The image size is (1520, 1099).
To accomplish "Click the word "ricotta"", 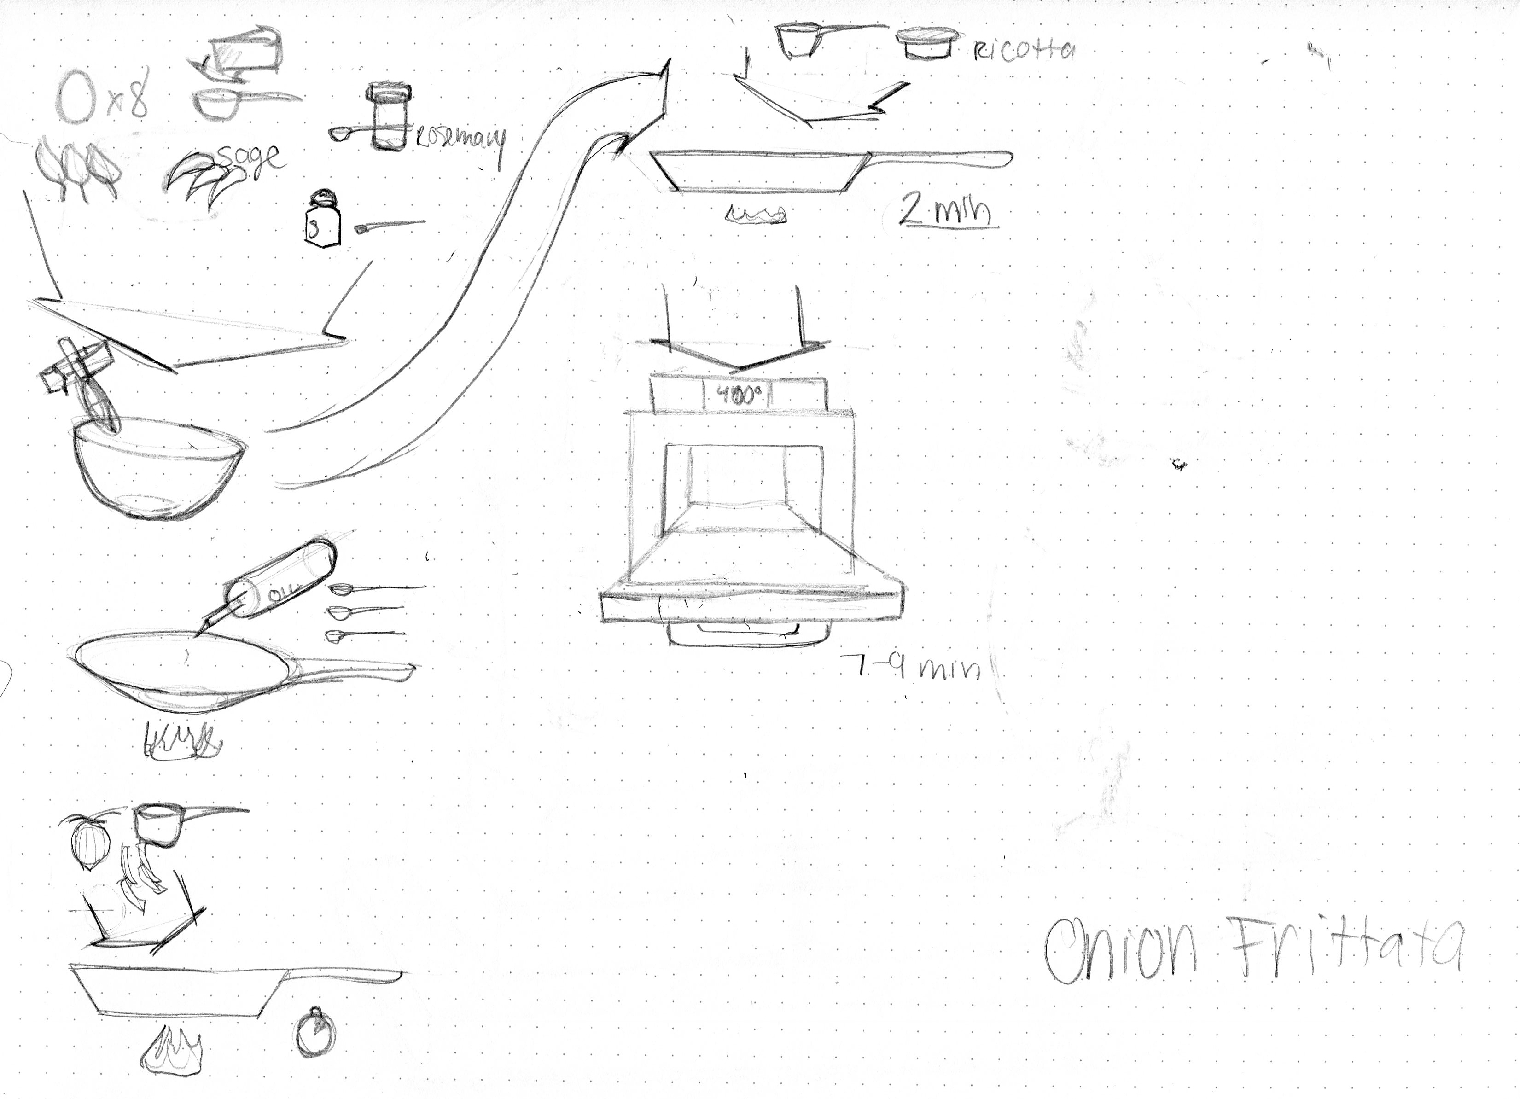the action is click(x=1023, y=50).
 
